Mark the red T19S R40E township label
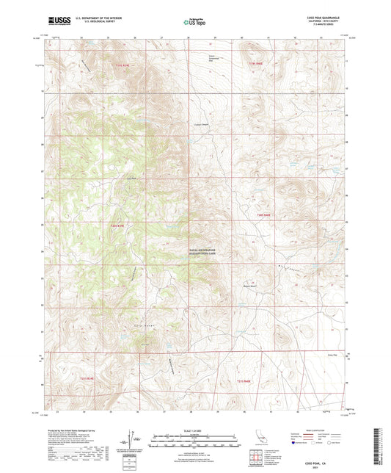pyautogui.click(x=254, y=66)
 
